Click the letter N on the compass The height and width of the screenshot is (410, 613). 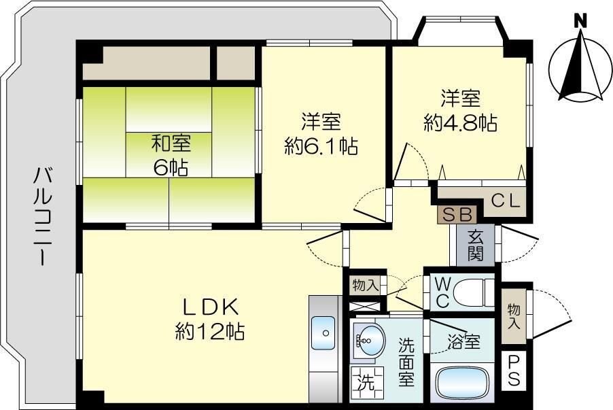coord(580,21)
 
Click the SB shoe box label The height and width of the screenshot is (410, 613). coord(457,214)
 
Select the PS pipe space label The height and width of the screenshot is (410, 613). coord(513,371)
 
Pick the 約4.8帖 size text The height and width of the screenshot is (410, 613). coord(460,123)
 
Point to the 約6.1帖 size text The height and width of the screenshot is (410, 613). coord(321,146)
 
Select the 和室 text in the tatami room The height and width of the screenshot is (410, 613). coord(171,144)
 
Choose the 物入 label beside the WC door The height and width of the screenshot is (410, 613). coord(365,284)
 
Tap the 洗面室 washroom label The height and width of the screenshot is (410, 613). coord(406,362)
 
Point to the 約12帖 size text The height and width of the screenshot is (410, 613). coord(209,332)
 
